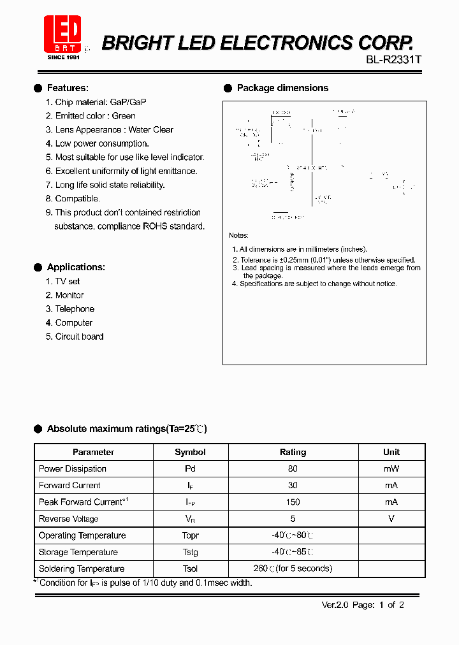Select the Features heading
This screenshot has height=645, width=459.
[x=68, y=88]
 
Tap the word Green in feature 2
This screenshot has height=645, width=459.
[x=124, y=116]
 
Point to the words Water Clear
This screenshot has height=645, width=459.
[x=151, y=129]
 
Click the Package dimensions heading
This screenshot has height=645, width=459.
[x=282, y=88]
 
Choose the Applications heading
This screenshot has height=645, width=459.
[x=76, y=267]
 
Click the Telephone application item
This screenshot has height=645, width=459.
[x=75, y=309]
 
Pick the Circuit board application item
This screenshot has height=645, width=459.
[x=79, y=337]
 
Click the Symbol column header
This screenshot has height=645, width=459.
[x=190, y=452]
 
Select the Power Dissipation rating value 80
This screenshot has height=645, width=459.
[x=293, y=468]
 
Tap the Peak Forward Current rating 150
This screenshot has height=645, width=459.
[x=293, y=502]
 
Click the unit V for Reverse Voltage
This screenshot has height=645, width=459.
[x=391, y=519]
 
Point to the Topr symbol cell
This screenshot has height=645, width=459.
[x=190, y=535]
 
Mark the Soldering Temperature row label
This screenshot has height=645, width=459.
[x=82, y=569]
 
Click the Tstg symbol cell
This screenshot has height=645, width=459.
[x=190, y=552]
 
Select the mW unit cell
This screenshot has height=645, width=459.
[x=391, y=468]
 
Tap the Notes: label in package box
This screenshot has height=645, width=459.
[x=238, y=236]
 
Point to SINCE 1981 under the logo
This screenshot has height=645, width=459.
[x=63, y=57]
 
